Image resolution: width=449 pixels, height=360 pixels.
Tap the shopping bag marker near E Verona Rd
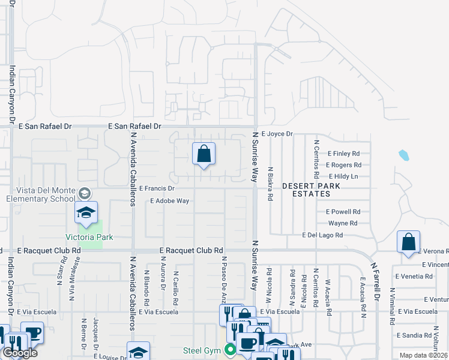pos(408,242)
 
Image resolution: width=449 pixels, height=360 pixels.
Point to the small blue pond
pos(403,156)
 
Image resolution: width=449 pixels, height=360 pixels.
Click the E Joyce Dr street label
pos(277,134)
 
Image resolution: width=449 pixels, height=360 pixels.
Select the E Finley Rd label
pos(343,154)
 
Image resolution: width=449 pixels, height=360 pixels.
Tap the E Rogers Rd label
pos(343,165)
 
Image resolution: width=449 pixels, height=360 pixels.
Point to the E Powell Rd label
pos(343,212)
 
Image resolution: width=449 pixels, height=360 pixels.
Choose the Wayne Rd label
pos(343,223)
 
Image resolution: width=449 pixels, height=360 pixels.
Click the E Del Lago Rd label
pos(322,235)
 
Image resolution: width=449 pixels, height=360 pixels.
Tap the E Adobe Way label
pos(170,201)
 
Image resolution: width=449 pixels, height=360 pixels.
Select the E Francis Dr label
pos(156,188)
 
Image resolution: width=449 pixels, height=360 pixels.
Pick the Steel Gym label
pos(203,350)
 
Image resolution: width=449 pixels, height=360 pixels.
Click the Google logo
pos(19,353)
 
